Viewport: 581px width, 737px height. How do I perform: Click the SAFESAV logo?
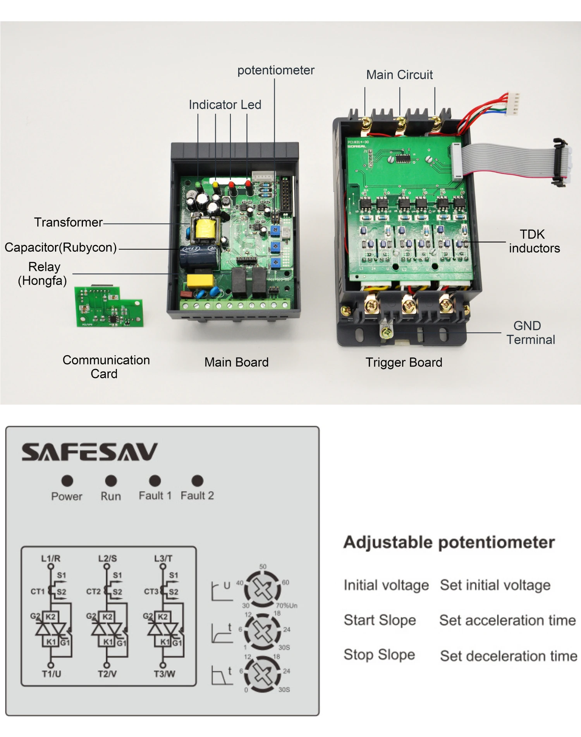tap(89, 452)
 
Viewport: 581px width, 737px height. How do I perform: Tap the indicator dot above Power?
tap(67, 481)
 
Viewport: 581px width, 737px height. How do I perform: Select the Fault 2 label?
tap(197, 496)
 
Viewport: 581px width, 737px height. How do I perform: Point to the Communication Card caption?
tap(106, 366)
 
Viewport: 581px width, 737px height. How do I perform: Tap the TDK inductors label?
tap(534, 241)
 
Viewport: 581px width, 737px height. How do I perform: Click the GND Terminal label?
tap(530, 333)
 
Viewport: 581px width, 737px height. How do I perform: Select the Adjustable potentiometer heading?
tap(449, 542)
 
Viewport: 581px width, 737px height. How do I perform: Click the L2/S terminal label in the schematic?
tap(107, 558)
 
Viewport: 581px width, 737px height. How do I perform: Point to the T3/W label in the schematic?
tap(164, 674)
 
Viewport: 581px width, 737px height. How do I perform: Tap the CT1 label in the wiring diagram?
tap(38, 591)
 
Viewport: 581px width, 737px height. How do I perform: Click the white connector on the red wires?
tap(512, 104)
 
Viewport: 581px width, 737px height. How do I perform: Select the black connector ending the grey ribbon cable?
tap(560, 162)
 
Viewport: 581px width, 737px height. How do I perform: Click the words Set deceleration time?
tap(508, 656)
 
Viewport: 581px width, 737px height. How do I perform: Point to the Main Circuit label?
tap(399, 75)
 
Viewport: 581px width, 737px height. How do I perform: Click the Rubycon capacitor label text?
tap(60, 247)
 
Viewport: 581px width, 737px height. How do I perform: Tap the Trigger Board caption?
tap(404, 362)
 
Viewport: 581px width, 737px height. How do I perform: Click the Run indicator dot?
tap(111, 481)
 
